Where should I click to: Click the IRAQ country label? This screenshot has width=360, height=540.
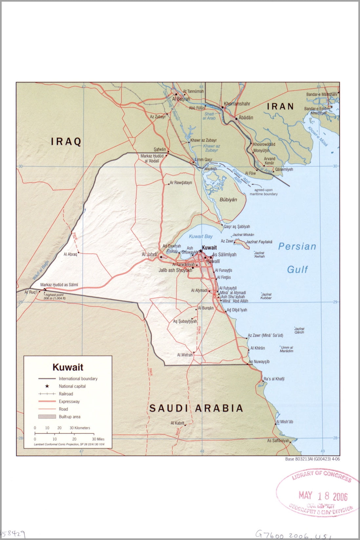click(x=66, y=142)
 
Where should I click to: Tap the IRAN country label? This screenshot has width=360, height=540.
click(x=280, y=106)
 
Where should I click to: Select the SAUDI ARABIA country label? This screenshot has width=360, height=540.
click(x=196, y=408)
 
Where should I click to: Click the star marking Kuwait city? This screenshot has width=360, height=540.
click(x=201, y=252)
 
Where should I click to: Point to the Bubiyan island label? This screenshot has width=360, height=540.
click(x=228, y=199)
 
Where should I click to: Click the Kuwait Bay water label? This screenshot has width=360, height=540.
click(x=201, y=236)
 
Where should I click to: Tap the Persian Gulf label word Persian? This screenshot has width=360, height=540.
click(x=297, y=247)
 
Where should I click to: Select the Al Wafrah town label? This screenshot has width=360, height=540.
click(x=185, y=355)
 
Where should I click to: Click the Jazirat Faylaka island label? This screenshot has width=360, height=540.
click(x=259, y=242)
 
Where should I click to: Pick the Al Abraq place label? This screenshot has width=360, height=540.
click(x=70, y=254)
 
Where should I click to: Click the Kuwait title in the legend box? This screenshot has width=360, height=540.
click(x=68, y=367)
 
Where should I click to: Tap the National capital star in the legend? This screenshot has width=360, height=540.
click(x=47, y=386)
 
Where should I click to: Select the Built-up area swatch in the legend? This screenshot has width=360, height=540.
click(x=47, y=417)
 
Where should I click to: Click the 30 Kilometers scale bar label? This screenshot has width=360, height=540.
click(x=80, y=428)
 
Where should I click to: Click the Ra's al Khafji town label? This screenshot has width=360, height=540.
click(x=274, y=379)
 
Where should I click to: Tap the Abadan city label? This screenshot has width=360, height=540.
click(x=246, y=117)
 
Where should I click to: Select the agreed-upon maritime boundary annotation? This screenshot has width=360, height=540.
click(x=264, y=192)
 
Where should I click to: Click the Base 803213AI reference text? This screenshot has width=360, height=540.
click(x=312, y=459)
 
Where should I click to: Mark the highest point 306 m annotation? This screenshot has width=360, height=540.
click(x=55, y=297)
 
